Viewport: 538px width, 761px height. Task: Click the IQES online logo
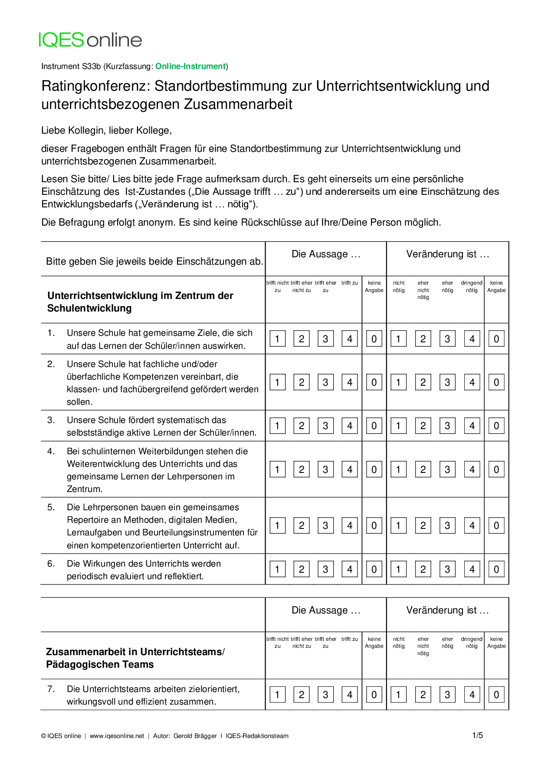point(90,40)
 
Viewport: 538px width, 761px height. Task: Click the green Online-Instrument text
point(190,66)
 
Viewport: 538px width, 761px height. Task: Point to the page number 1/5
point(477,735)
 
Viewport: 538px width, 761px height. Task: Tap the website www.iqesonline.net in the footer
point(117,736)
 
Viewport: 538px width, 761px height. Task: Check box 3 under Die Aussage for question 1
point(325,339)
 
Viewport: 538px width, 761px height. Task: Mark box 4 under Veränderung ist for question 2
point(472,383)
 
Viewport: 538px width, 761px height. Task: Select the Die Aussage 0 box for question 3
point(374,426)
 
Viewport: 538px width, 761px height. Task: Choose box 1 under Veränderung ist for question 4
point(398,469)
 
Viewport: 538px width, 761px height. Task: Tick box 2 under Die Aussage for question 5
point(302,526)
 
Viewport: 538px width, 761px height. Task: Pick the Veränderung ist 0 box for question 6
point(496,569)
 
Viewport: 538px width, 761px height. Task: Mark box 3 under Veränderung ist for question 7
point(447,695)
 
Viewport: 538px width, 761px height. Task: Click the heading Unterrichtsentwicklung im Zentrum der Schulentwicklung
point(140,302)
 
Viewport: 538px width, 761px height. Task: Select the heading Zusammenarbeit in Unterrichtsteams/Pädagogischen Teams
point(135,658)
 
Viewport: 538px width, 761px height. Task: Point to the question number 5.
point(51,507)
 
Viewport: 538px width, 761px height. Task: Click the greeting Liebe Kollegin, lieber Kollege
point(106,131)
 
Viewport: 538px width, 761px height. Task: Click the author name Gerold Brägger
point(195,736)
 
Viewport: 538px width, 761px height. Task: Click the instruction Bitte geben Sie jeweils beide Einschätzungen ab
point(154,262)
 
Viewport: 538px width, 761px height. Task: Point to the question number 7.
point(51,689)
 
